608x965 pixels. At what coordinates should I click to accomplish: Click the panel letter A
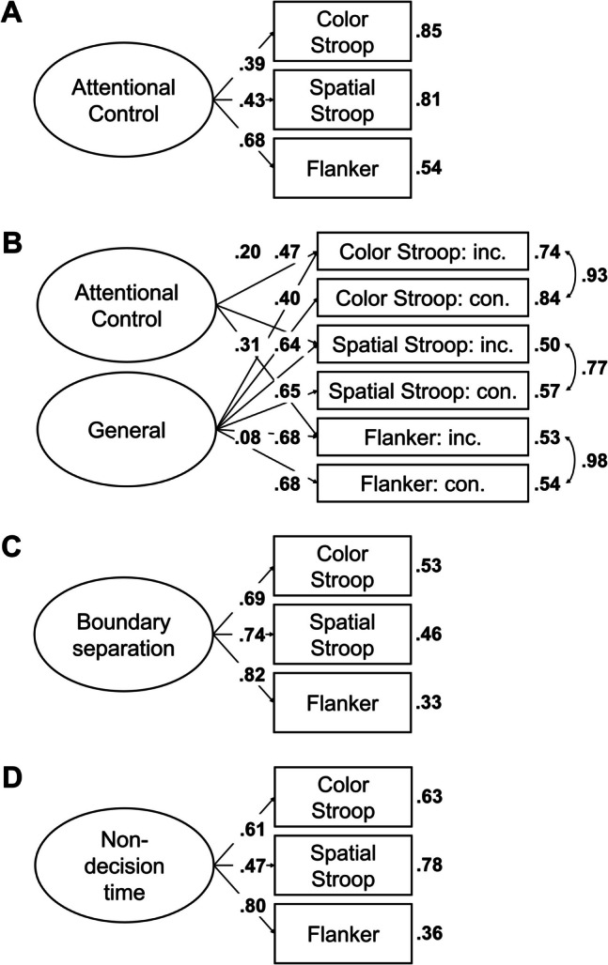tap(12, 11)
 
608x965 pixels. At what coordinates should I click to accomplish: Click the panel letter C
tap(12, 546)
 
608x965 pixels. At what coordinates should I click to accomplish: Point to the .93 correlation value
tap(594, 275)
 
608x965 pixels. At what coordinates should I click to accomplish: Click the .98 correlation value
tap(594, 461)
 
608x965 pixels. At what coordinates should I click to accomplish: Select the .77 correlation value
tap(594, 368)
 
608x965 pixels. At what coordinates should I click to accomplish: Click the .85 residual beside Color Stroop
tap(429, 31)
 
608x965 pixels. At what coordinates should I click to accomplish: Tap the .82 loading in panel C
tap(252, 676)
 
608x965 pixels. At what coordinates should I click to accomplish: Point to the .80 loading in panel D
tap(252, 907)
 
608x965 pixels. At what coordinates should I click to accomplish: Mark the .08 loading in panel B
tap(247, 438)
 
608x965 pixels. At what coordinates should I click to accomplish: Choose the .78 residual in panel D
tap(429, 865)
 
